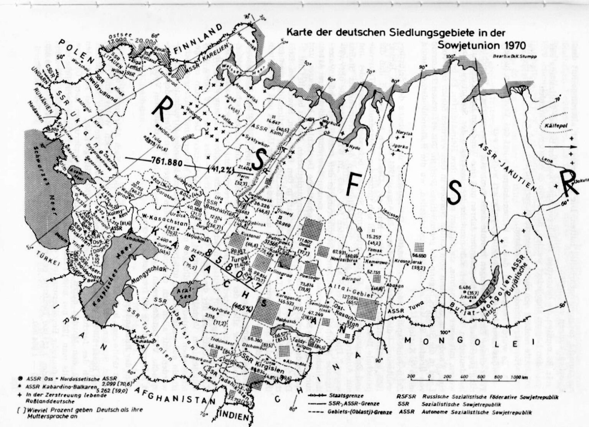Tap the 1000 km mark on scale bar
(x=517, y=377)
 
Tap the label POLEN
(x=77, y=49)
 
